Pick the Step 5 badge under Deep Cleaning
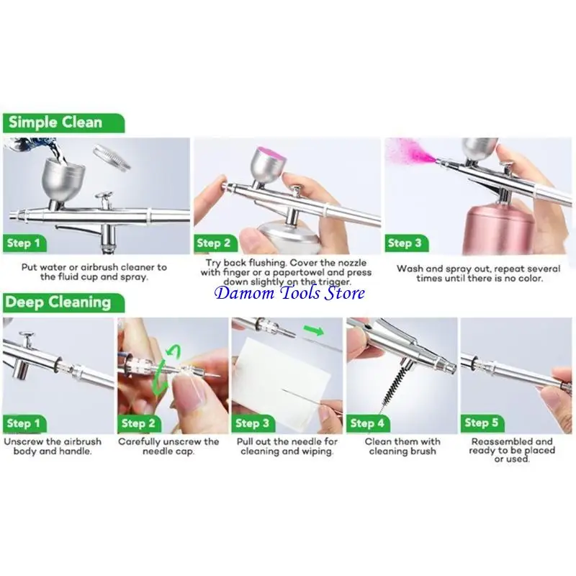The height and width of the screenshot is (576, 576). [482, 422]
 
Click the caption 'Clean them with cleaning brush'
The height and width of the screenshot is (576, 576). [402, 446]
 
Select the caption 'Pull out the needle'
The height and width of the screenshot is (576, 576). [287, 441]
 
